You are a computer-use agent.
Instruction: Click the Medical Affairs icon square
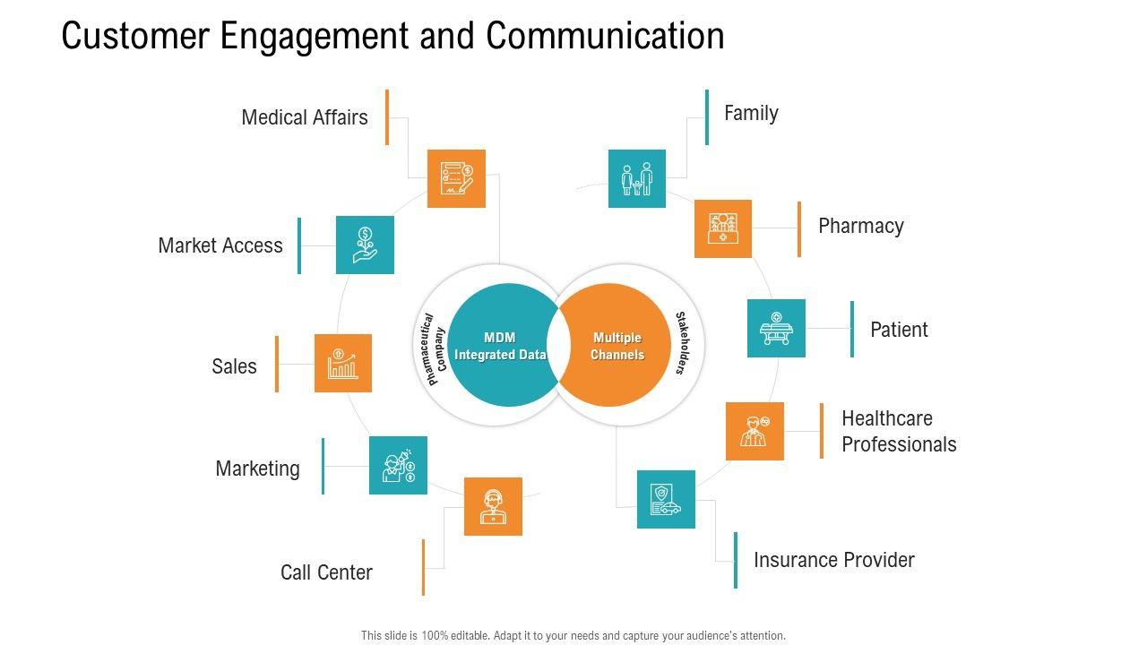pos(456,178)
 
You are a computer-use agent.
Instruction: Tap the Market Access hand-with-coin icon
pos(365,245)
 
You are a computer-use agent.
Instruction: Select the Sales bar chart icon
pos(343,364)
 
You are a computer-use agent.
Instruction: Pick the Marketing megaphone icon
pos(399,465)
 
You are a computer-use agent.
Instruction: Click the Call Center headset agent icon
pos(493,507)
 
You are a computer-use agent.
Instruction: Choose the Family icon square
pos(637,178)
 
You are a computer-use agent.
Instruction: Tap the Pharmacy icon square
pos(723,228)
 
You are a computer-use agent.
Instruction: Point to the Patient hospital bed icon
pos(776,328)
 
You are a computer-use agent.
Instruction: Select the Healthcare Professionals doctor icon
pos(755,431)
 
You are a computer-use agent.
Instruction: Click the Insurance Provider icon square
pos(666,499)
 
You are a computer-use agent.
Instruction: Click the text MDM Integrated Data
pos(500,346)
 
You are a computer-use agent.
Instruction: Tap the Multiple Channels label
pos(617,346)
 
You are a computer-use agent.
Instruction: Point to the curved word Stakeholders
pos(683,343)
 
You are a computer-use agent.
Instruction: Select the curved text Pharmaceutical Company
pos(430,349)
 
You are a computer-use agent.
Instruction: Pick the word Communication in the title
pos(605,36)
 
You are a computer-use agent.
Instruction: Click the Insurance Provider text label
pos(834,560)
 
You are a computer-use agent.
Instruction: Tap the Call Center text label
pos(327,572)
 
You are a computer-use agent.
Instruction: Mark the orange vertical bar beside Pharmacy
pos(799,229)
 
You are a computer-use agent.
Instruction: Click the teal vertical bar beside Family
pos(707,117)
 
